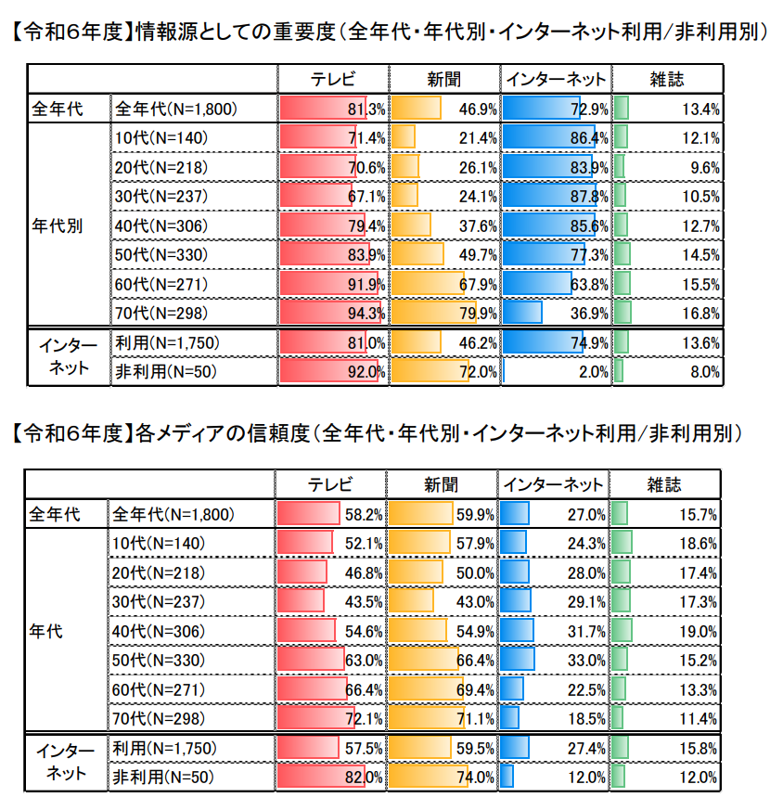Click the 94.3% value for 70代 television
click(x=366, y=313)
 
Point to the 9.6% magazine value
click(x=705, y=167)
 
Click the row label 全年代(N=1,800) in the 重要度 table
click(x=175, y=109)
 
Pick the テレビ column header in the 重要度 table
click(x=332, y=79)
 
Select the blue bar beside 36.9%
click(x=522, y=313)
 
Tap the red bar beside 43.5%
click(x=301, y=602)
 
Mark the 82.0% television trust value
click(x=364, y=778)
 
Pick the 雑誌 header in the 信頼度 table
click(x=663, y=483)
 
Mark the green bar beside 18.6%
click(x=622, y=543)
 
